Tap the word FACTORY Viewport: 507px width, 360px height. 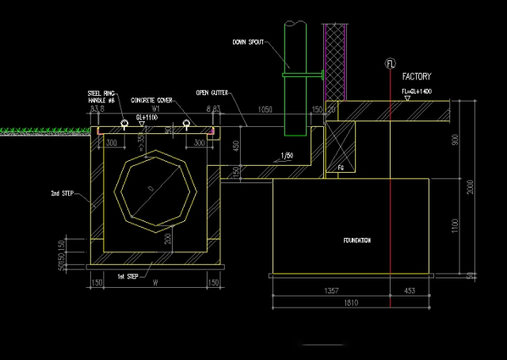click(x=416, y=77)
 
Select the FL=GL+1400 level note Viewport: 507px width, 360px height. click(x=419, y=92)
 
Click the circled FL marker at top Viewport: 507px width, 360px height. click(x=389, y=62)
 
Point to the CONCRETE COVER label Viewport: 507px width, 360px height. click(x=152, y=101)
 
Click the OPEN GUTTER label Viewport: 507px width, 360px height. click(x=212, y=93)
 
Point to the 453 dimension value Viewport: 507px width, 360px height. click(x=409, y=292)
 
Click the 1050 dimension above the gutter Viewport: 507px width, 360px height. click(x=265, y=109)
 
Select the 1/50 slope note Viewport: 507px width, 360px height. click(x=288, y=156)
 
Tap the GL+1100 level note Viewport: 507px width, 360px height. click(x=148, y=117)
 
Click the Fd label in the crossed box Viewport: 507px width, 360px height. click(x=340, y=167)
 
